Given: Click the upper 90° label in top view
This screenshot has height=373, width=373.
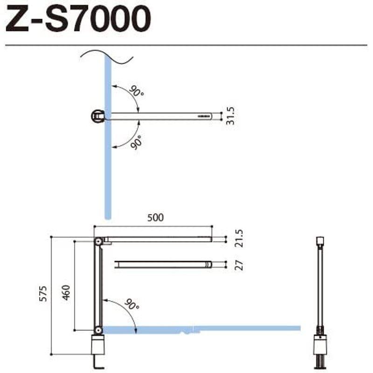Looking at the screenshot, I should point(136,92).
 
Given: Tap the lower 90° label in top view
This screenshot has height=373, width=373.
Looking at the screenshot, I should point(136,141).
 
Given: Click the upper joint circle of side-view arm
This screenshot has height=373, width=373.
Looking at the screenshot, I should point(98,241).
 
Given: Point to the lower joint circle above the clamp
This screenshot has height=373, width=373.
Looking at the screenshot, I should point(98,330).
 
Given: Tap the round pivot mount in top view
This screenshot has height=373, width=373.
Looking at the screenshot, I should point(98,116).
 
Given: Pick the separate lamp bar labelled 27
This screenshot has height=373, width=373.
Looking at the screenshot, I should point(163,264).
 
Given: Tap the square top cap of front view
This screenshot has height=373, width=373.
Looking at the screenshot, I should point(320,241).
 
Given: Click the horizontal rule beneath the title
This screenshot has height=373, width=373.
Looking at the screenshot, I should point(186,45).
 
